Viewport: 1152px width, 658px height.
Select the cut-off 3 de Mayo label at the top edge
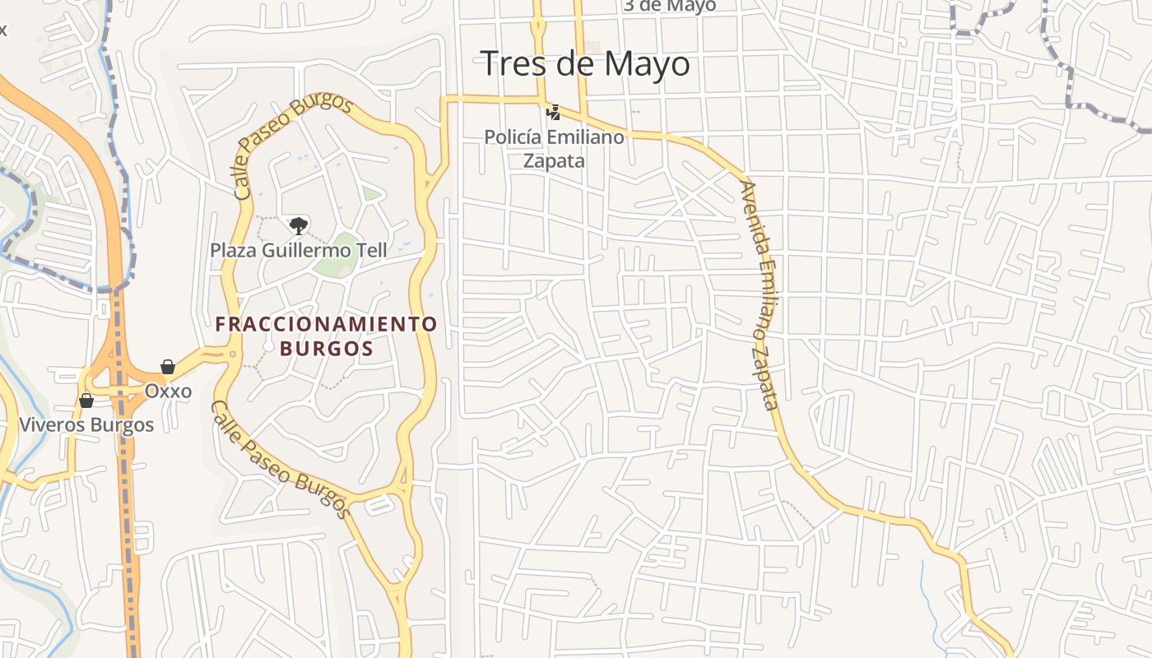[x=668, y=6]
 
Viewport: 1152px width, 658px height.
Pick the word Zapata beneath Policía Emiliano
[x=554, y=160]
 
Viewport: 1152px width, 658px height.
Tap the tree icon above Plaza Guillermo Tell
[x=299, y=225]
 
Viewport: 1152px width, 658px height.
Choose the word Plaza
[x=234, y=250]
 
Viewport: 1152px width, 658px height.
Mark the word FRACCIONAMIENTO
[x=326, y=324]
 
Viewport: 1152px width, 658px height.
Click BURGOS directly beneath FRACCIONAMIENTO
[x=326, y=348]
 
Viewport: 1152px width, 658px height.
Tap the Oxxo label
[x=168, y=391]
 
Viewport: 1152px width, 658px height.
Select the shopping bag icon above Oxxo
[x=168, y=367]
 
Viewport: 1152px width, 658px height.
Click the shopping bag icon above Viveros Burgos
[x=86, y=401]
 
